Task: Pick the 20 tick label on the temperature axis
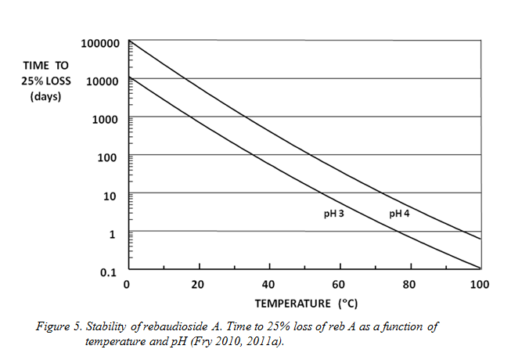point(198,284)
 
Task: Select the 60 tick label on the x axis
point(340,284)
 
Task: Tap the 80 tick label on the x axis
point(410,284)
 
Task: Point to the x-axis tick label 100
point(479,284)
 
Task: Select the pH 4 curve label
point(401,214)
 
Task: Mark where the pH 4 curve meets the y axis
point(128,41)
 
